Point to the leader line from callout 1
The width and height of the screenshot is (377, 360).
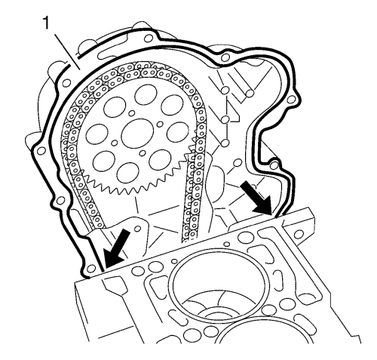[x=67, y=52]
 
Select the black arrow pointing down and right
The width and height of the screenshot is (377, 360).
[x=256, y=198]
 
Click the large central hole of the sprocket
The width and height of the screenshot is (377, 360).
[x=137, y=134]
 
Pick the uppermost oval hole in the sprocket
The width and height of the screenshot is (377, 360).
[x=146, y=95]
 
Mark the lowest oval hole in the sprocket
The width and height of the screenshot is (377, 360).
[x=127, y=173]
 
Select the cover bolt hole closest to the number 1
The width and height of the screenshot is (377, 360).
[x=66, y=82]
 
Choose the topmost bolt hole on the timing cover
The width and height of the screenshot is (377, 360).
[x=149, y=38]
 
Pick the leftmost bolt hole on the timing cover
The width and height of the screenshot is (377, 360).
[x=41, y=151]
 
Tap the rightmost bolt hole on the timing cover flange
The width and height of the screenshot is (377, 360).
[x=291, y=100]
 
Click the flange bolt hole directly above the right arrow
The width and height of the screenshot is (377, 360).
[x=274, y=165]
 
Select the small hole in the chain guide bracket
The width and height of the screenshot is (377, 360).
[x=137, y=229]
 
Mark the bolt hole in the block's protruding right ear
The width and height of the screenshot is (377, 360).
[x=299, y=235]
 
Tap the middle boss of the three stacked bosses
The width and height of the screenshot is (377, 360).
[x=225, y=119]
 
